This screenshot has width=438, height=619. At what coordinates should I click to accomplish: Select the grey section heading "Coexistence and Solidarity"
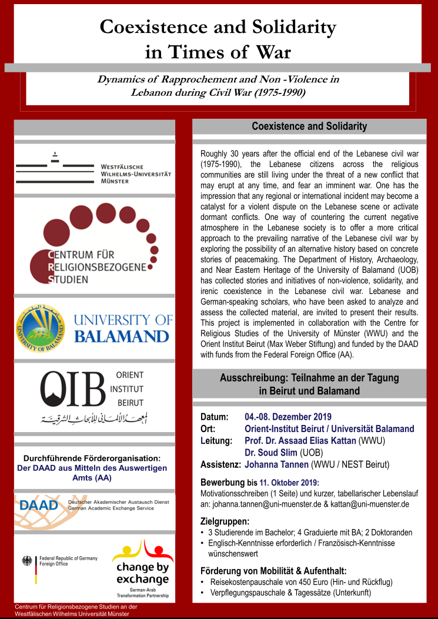309,126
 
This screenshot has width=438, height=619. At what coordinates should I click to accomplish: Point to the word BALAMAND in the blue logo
121,336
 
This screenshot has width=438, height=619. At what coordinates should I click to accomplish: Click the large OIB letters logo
73,388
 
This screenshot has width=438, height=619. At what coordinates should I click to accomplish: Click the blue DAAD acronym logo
39,505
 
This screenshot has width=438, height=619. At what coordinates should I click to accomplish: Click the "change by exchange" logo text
142,574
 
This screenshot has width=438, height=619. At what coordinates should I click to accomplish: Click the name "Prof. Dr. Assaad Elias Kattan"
308,440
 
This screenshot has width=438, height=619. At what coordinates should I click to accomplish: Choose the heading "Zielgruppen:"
225,521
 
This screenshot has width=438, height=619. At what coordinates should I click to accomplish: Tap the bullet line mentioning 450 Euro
301,582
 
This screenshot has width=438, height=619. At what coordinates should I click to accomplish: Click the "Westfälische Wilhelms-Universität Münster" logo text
135,174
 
